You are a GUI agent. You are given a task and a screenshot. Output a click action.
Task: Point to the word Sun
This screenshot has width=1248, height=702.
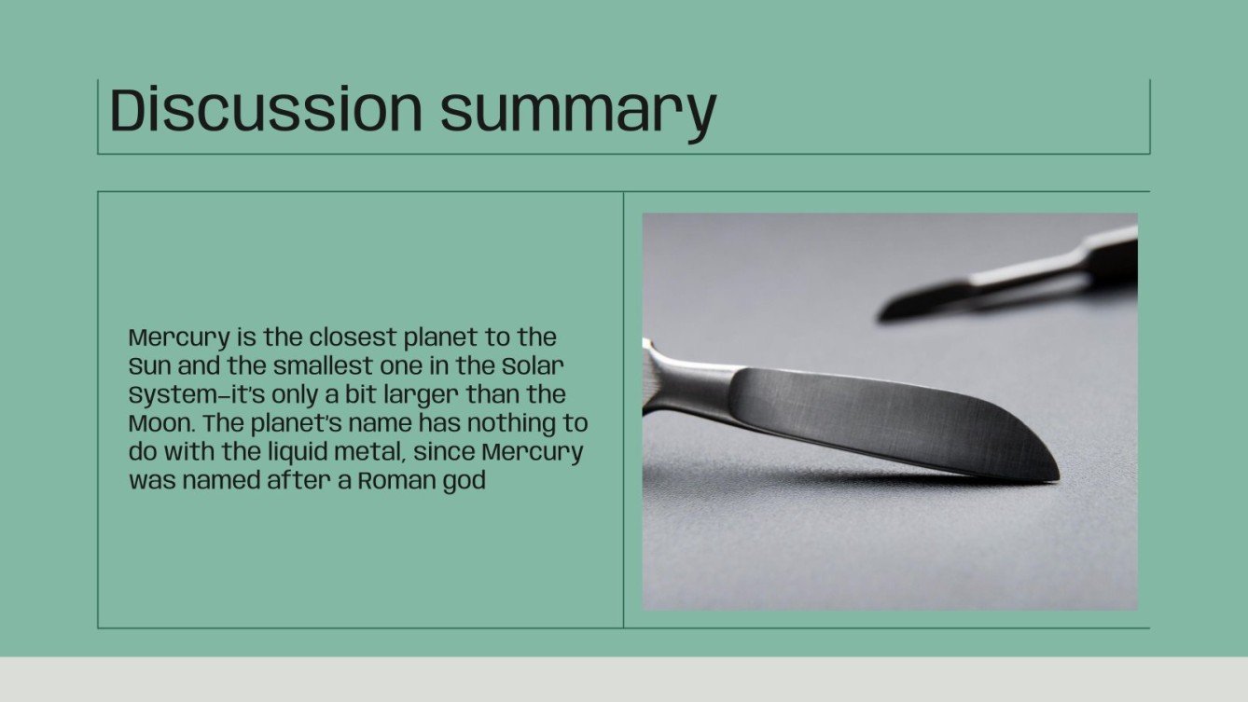coord(147,365)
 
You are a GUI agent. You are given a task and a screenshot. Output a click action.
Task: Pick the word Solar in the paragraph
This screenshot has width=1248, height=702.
coord(541,365)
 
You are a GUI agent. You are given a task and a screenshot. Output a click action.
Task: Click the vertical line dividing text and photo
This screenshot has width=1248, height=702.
coord(623,410)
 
